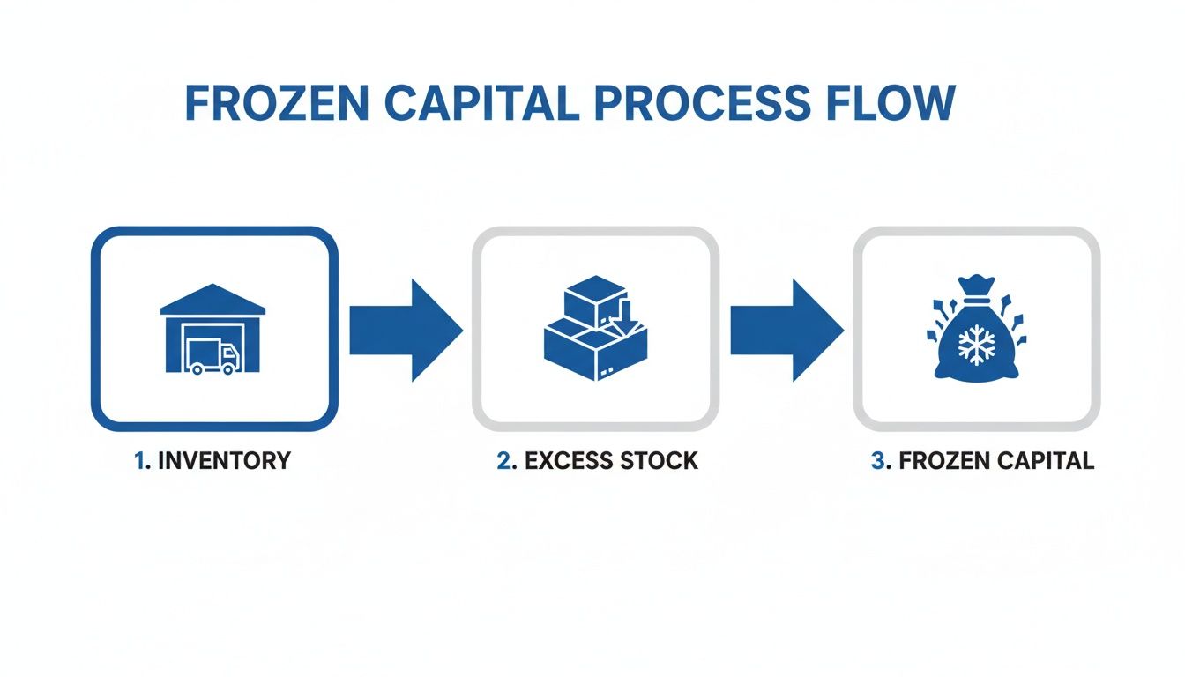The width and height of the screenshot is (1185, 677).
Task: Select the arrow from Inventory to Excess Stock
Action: click(405, 331)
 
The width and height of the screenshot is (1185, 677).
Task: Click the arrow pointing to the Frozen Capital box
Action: click(786, 331)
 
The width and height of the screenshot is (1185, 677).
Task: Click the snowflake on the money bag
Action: click(975, 346)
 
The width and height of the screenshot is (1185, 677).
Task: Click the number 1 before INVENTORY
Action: click(138, 460)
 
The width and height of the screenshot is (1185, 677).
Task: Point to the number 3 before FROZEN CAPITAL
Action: click(877, 460)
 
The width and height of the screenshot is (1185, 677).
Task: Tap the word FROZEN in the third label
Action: click(940, 460)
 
